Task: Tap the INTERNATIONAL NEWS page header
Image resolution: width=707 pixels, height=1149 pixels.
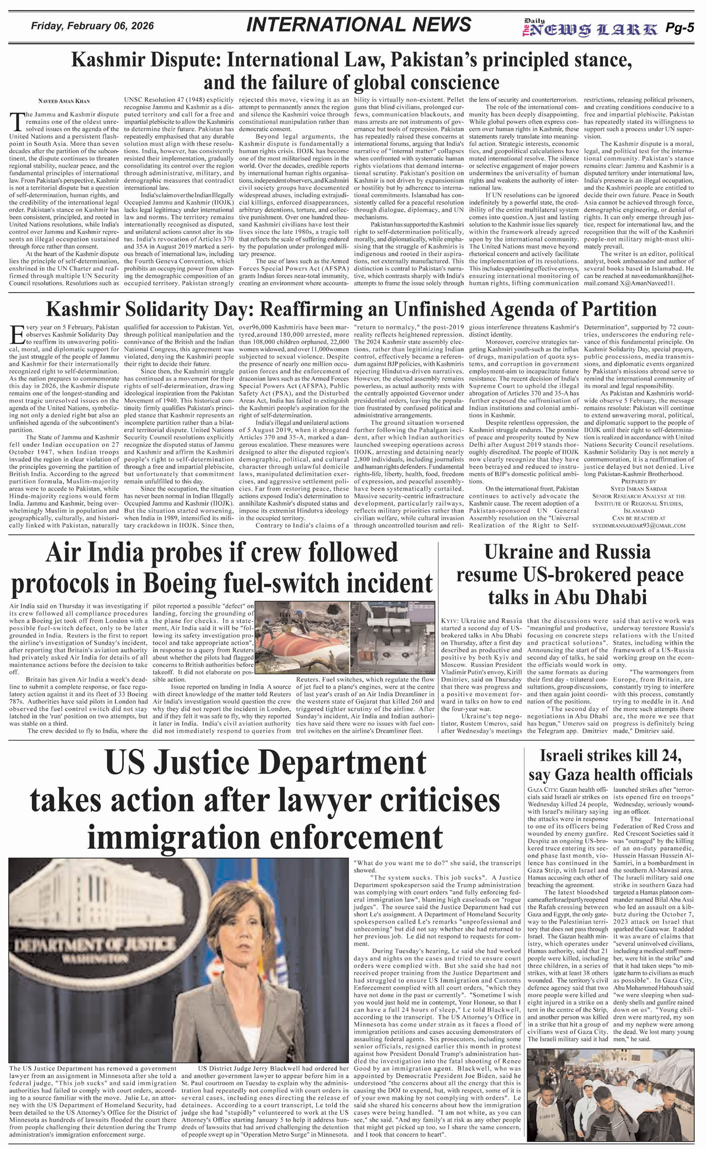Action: click(x=359, y=25)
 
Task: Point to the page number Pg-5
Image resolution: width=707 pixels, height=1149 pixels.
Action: click(x=679, y=28)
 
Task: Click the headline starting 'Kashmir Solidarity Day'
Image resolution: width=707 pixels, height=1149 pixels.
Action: click(x=351, y=309)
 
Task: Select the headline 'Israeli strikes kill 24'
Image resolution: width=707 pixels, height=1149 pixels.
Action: click(x=611, y=756)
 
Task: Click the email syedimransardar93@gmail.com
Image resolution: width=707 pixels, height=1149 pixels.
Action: click(x=639, y=525)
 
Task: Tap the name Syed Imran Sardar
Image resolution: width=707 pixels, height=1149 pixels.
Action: click(x=639, y=489)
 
